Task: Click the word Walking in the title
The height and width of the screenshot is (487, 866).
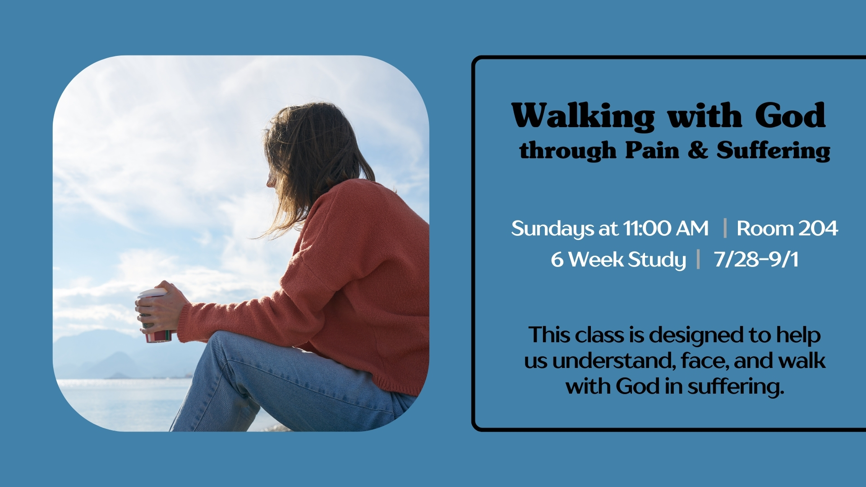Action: [x=583, y=116]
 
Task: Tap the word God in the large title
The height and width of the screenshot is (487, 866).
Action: [x=790, y=115]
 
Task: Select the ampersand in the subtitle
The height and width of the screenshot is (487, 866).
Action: [x=698, y=150]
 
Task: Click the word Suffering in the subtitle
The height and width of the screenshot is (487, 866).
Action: [x=773, y=151]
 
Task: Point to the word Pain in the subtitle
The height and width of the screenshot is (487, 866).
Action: [x=652, y=150]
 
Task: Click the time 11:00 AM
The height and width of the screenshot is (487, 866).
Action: [x=666, y=228]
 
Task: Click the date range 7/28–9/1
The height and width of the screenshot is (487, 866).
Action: [x=756, y=259]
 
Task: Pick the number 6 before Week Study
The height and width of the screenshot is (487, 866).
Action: [x=557, y=260]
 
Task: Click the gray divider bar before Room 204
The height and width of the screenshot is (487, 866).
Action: [x=725, y=228]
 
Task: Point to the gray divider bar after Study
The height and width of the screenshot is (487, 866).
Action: [x=698, y=259]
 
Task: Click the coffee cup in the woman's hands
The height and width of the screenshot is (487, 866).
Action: [x=154, y=316]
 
